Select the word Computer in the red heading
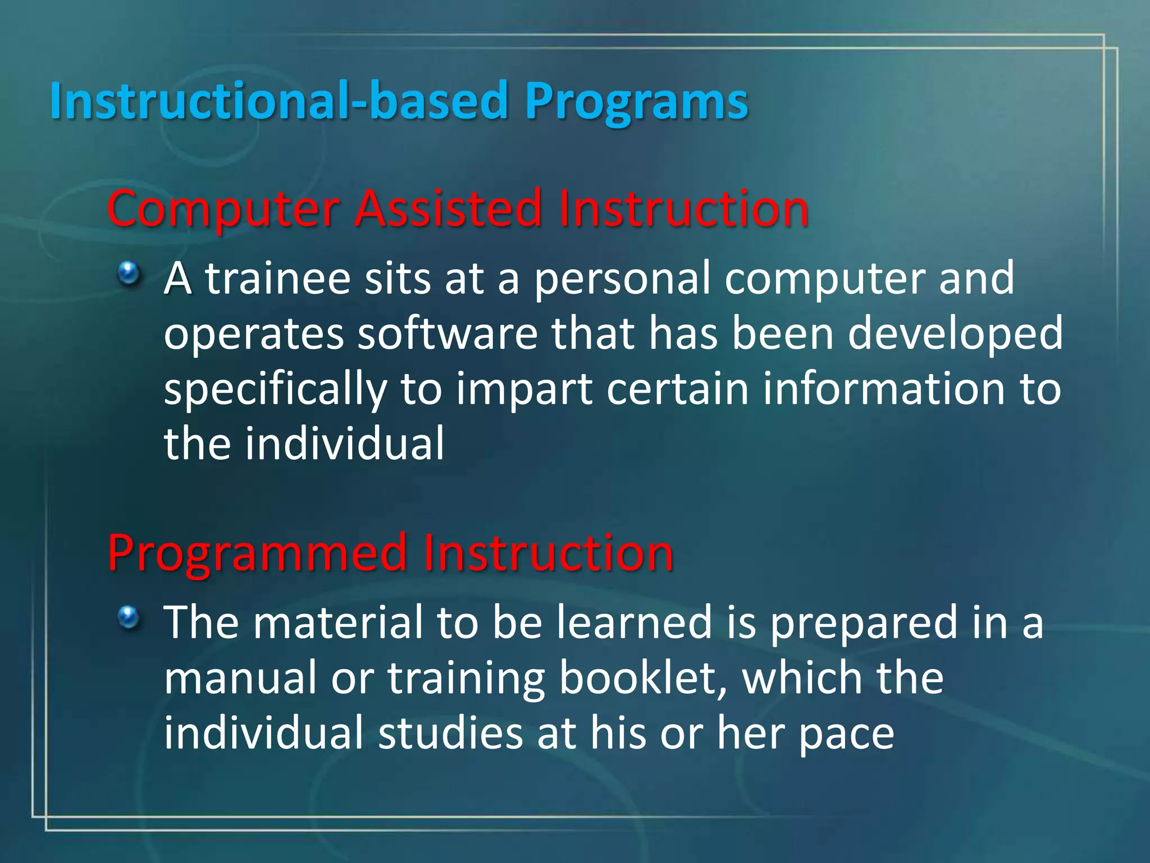click(223, 209)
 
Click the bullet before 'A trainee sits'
click(129, 274)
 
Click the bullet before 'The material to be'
click(129, 618)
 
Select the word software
click(448, 333)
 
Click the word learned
click(634, 622)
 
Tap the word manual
click(240, 678)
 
